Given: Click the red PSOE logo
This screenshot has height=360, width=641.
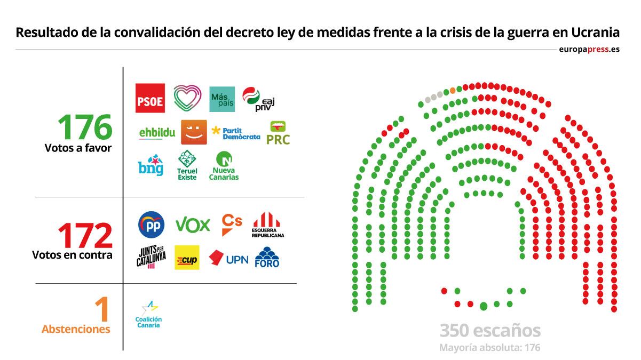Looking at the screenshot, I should (x=150, y=98).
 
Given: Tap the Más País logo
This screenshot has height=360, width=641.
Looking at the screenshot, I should (x=222, y=99).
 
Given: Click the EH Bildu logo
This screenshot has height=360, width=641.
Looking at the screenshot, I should (x=157, y=132).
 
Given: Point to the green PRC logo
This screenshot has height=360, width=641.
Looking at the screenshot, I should (x=278, y=133).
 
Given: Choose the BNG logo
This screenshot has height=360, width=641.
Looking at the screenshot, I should (x=151, y=165).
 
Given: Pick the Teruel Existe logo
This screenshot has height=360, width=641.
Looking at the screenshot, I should (x=187, y=165).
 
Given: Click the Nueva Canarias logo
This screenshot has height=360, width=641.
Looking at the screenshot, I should (x=225, y=166).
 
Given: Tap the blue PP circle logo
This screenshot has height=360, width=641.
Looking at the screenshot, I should (x=151, y=225).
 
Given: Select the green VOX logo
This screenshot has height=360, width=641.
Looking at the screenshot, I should (x=193, y=225).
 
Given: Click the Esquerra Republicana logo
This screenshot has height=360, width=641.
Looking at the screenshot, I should (x=267, y=225).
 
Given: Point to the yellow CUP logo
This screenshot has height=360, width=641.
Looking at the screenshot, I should (x=187, y=258).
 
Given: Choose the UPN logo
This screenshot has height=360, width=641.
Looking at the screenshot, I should (x=228, y=259).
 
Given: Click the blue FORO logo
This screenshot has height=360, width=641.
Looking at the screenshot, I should (x=267, y=258).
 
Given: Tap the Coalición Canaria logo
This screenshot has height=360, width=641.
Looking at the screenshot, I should (x=148, y=314).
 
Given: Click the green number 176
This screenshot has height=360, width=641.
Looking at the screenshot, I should (x=85, y=127).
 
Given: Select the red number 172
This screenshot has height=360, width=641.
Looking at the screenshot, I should (x=85, y=236).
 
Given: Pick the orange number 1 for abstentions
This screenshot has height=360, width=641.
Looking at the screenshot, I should (x=102, y=309).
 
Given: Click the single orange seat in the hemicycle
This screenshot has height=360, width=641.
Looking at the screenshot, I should (x=453, y=90).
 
